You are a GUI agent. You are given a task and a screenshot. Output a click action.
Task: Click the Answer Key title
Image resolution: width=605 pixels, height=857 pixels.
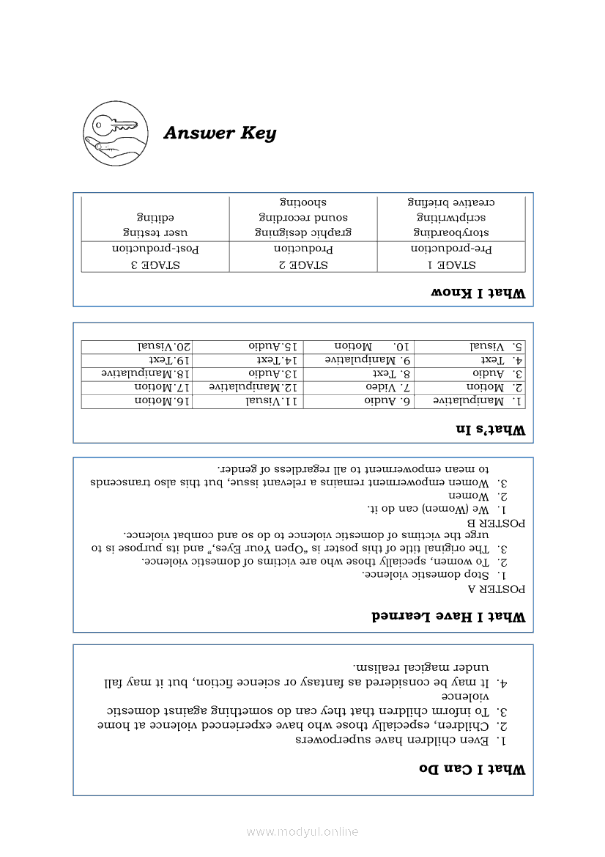click(x=220, y=133)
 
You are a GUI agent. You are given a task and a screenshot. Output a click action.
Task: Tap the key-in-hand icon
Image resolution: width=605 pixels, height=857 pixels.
click(x=115, y=133)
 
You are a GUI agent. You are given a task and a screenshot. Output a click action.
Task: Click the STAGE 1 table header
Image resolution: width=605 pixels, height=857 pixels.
click(x=451, y=265)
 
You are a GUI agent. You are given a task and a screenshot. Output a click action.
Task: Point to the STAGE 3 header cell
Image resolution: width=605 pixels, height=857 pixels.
click(x=155, y=265)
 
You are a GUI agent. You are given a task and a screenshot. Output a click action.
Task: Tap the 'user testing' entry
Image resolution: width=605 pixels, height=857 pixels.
click(x=155, y=233)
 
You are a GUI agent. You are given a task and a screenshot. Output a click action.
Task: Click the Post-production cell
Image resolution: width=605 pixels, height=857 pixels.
click(x=155, y=249)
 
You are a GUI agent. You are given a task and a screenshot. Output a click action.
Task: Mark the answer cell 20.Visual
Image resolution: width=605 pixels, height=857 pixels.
click(x=165, y=345)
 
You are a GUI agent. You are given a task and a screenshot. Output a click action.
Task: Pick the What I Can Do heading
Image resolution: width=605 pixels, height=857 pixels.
click(x=472, y=769)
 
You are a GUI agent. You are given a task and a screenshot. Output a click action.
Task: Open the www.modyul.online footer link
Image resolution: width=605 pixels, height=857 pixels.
click(x=302, y=832)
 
